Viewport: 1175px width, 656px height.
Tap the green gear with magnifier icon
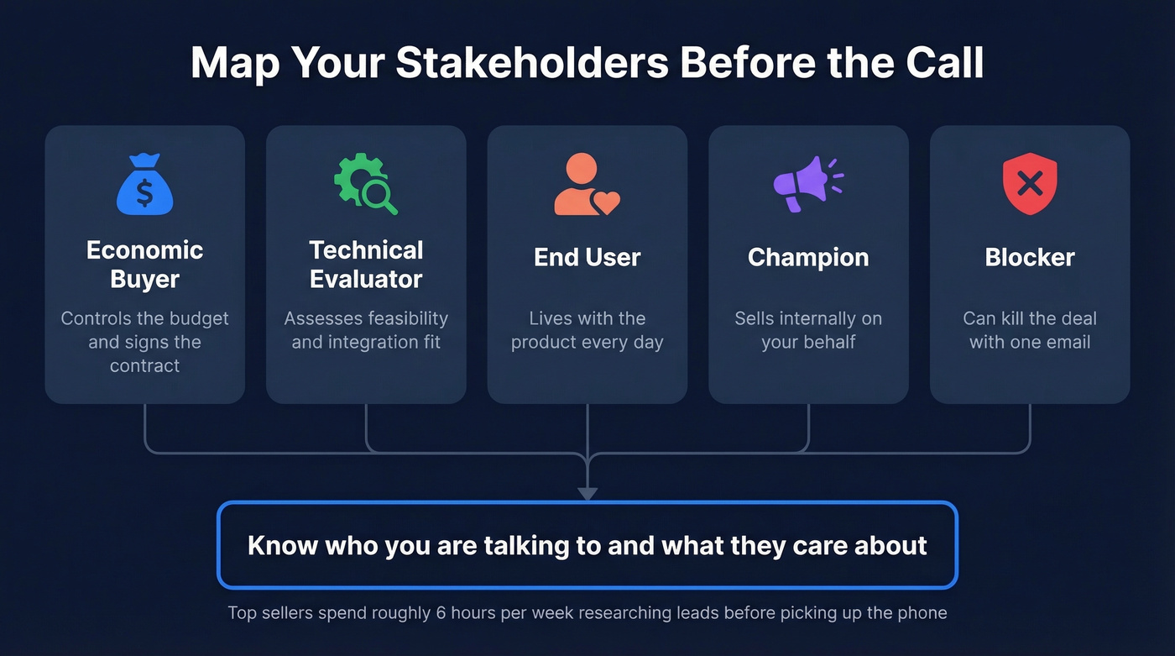(366, 184)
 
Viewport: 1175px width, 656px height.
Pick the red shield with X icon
(1030, 184)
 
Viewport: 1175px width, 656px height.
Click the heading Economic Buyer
(144, 265)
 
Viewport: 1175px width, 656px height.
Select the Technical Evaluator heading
(366, 265)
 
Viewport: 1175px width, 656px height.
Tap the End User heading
(587, 257)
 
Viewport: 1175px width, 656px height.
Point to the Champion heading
(808, 257)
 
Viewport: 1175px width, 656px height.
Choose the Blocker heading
(1030, 257)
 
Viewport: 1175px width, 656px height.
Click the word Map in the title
(227, 64)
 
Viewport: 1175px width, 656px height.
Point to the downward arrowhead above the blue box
(587, 493)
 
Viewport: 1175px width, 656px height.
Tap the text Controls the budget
(144, 319)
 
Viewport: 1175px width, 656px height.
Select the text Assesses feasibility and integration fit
(366, 330)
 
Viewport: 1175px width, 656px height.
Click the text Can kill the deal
(1030, 319)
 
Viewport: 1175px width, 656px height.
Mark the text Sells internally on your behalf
(808, 330)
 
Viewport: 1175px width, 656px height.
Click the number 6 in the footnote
(441, 612)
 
